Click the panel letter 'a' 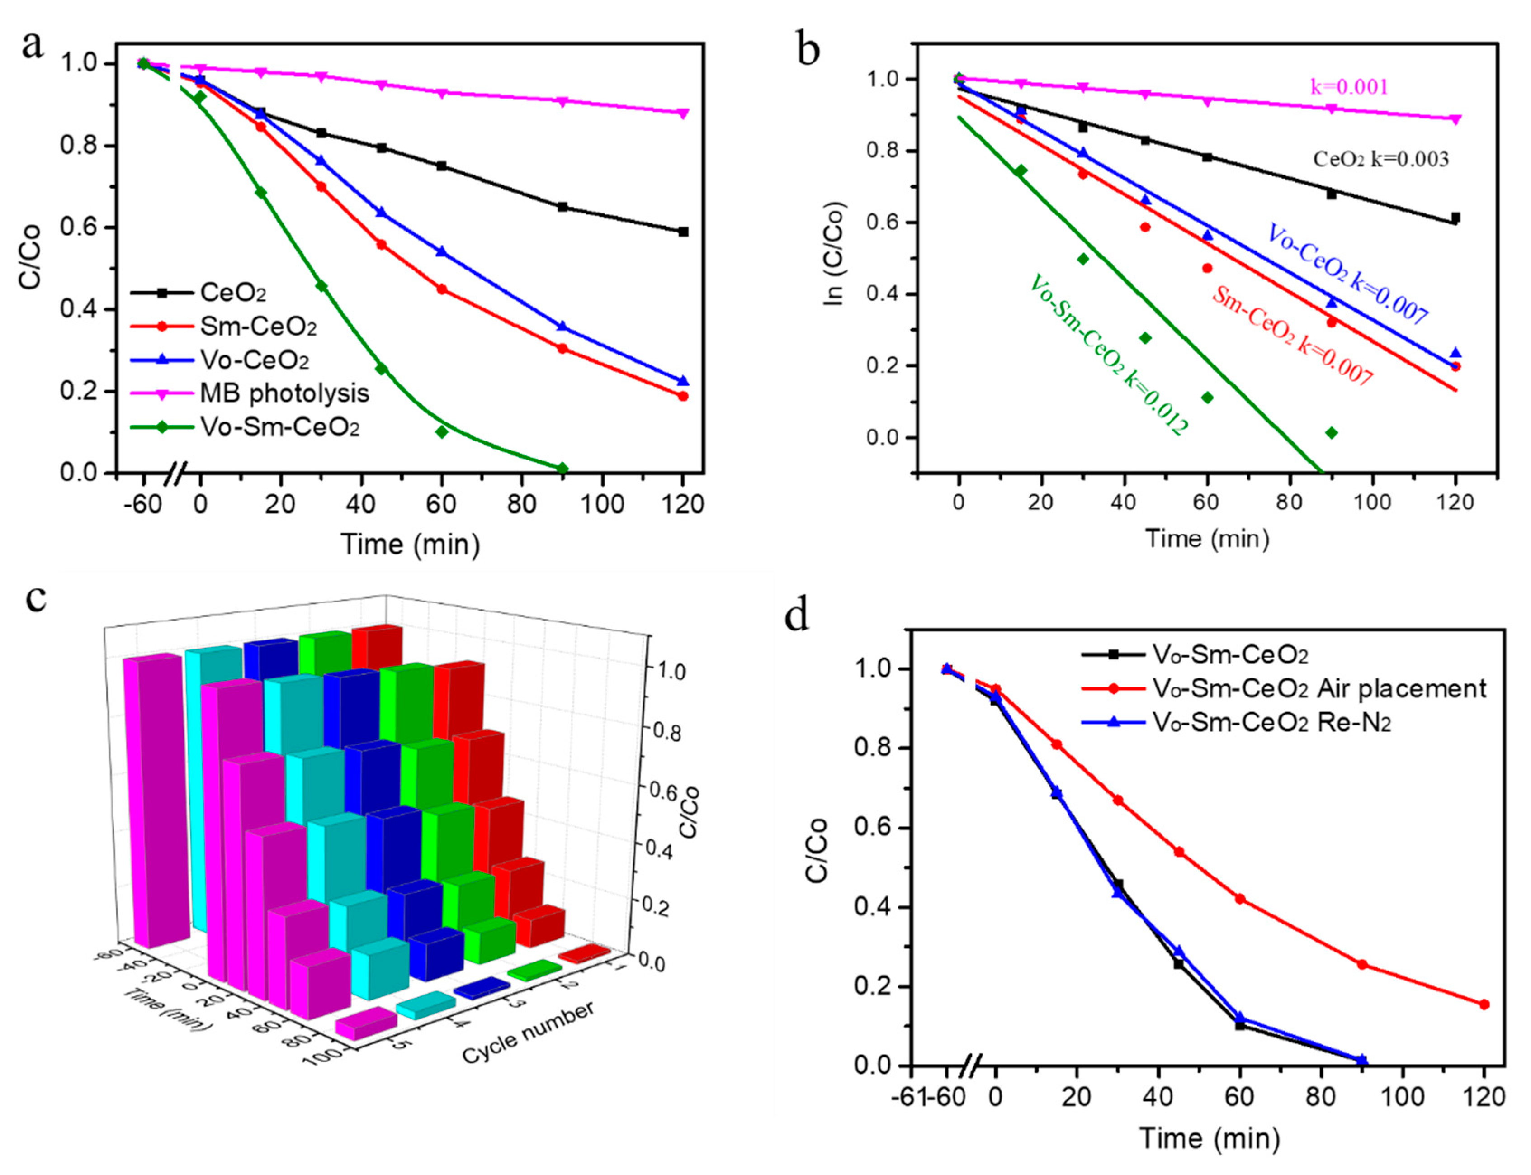[32, 46]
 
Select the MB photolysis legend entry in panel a [284, 394]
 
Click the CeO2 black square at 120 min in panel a [683, 232]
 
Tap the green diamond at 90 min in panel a [562, 468]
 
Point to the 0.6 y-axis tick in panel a [79, 228]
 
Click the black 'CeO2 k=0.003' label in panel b [1381, 160]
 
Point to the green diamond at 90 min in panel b [1331, 433]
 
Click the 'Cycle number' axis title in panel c [528, 1032]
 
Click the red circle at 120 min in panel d [1484, 1004]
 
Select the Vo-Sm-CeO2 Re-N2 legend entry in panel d [1271, 722]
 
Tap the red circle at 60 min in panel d [1239, 899]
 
